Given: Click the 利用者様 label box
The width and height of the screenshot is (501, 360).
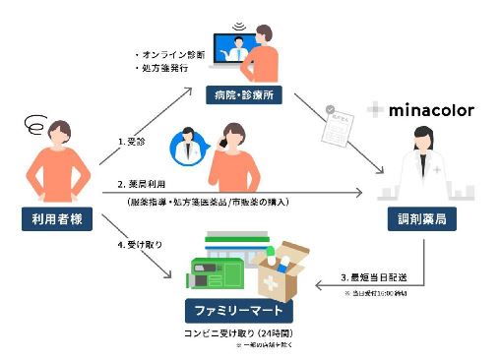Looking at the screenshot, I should [55, 219].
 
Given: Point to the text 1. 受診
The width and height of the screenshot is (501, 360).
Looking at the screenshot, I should [132, 141].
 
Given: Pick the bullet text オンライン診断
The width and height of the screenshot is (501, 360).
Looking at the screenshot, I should [165, 55].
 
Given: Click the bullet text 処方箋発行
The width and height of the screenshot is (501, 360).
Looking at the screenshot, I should [160, 71].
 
